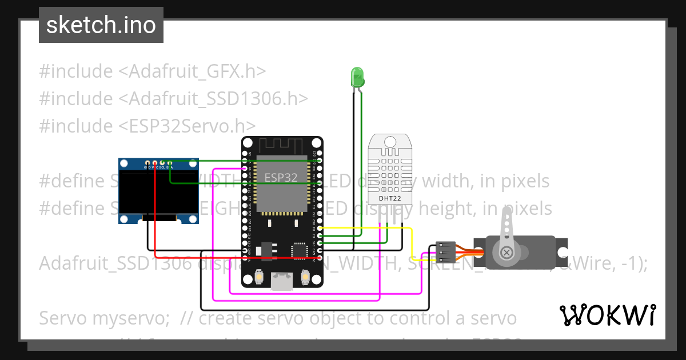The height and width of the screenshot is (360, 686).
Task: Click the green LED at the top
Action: [357, 77]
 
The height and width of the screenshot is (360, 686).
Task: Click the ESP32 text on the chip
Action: [281, 178]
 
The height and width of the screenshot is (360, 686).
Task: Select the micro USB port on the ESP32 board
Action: [282, 281]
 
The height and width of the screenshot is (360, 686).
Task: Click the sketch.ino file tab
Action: [101, 25]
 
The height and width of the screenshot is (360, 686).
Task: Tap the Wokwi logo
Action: [607, 315]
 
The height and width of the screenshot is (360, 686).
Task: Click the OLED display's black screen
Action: [158, 193]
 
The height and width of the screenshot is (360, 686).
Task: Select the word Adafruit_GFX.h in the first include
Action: [192, 71]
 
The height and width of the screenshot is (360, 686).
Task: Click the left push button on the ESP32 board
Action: [260, 277]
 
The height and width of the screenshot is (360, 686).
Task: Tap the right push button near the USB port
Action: [305, 277]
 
